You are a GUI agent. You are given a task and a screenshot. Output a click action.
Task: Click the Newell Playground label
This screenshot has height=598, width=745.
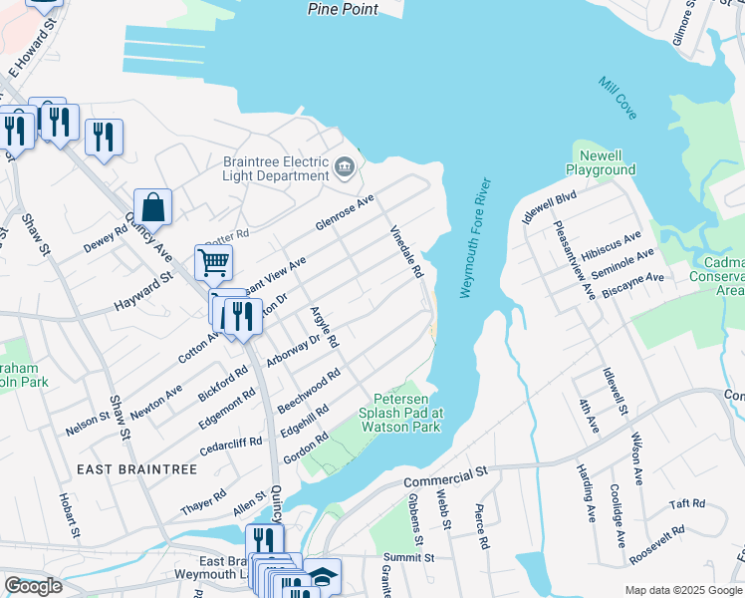[601, 162]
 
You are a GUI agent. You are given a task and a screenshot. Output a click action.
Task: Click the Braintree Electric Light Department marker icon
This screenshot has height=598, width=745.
[346, 167]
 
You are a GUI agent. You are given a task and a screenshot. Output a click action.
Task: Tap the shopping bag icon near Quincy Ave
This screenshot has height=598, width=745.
[153, 208]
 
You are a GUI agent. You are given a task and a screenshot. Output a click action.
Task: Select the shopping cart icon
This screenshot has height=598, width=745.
[213, 263]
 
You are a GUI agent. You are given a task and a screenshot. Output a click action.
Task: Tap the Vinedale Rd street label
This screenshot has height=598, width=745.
[406, 251]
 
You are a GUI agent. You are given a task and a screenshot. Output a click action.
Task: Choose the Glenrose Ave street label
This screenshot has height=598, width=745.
[345, 211]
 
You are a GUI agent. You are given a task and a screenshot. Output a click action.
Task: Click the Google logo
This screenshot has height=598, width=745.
[33, 587]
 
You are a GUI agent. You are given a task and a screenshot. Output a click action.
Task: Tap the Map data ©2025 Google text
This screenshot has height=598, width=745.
[683, 590]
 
